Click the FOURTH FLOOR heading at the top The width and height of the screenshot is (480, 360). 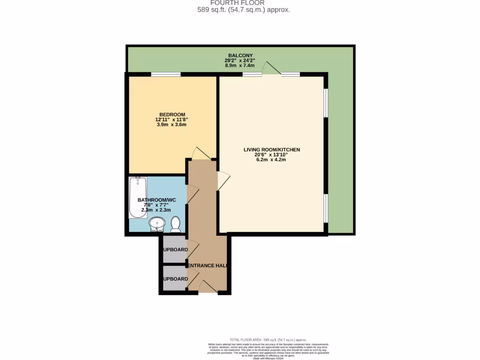244,3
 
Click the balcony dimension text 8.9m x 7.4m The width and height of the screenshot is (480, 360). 240,66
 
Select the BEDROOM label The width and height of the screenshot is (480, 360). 172,114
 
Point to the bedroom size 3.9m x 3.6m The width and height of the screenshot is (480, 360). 172,125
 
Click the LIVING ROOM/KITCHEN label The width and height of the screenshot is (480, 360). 271,150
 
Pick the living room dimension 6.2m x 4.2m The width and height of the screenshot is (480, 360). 271,160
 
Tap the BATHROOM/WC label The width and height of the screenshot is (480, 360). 157,200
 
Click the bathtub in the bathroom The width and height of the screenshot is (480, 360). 138,197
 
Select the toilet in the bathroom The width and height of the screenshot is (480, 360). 176,225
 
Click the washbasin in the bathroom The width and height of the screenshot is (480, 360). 157,225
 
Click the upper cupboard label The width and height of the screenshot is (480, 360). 175,250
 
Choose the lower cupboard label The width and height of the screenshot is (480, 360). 175,279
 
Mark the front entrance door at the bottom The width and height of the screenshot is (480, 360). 207,287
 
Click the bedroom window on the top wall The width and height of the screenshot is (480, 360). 165,74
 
